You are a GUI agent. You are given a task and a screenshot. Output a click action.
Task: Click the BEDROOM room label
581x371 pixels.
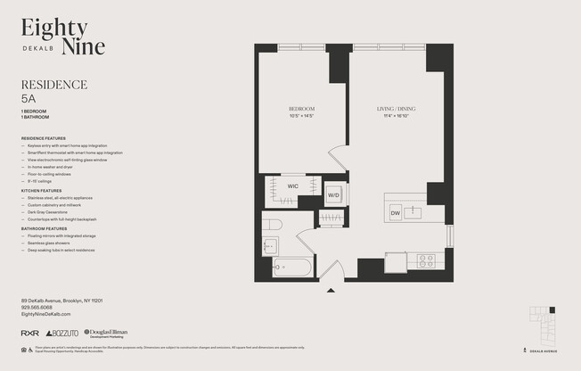pyautogui.click(x=301, y=109)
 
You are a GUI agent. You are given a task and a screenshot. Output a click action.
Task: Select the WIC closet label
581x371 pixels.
pyautogui.click(x=292, y=186)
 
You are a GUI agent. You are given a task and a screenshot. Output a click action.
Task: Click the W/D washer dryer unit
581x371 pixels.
pyautogui.click(x=333, y=194)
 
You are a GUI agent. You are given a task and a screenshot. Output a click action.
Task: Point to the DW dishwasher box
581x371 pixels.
pyautogui.click(x=395, y=213)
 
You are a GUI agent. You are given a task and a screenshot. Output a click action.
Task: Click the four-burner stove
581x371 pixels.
pyautogui.click(x=426, y=261)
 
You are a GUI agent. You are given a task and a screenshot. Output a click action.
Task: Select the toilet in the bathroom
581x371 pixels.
pyautogui.click(x=272, y=224)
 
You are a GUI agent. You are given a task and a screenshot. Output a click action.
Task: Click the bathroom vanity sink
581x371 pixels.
pyautogui.click(x=270, y=246)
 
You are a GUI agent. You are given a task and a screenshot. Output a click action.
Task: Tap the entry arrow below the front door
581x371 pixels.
pyautogui.click(x=331, y=290)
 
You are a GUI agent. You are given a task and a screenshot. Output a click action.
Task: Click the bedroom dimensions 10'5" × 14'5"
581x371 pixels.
pyautogui.click(x=301, y=116)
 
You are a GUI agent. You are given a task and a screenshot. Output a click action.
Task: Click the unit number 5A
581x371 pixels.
pyautogui.click(x=29, y=101)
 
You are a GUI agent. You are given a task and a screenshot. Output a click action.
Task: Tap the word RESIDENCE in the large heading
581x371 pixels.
pyautogui.click(x=53, y=85)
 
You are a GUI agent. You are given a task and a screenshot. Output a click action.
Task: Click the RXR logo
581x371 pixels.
pyautogui.click(x=29, y=333)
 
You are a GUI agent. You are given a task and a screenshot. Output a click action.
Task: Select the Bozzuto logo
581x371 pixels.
pyautogui.click(x=61, y=333)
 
